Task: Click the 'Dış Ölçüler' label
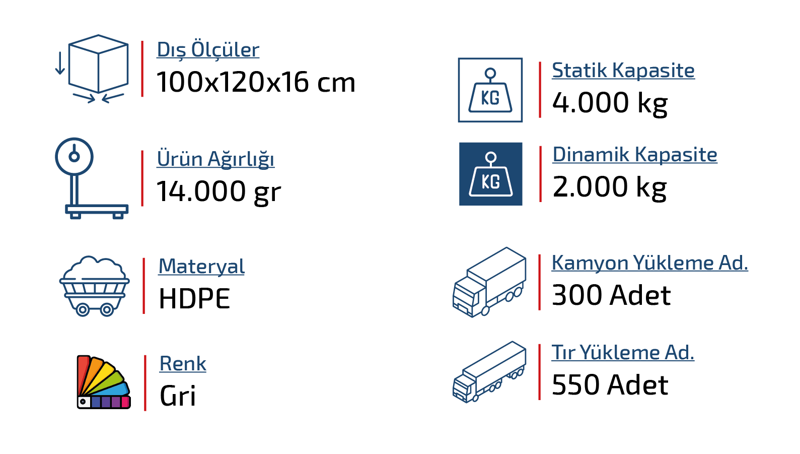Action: (x=208, y=50)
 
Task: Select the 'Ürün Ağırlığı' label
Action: (x=215, y=159)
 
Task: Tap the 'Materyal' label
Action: (x=201, y=266)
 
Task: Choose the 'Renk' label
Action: (x=183, y=364)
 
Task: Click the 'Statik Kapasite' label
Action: (x=623, y=71)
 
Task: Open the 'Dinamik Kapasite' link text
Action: (x=634, y=155)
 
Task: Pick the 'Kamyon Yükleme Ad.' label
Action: (x=649, y=263)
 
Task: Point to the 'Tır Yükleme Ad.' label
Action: (x=623, y=353)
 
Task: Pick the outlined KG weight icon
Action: (x=490, y=90)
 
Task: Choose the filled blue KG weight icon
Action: (x=490, y=174)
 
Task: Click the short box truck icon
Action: (x=489, y=282)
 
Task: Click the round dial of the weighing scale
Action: (x=74, y=156)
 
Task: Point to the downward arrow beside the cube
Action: (x=60, y=63)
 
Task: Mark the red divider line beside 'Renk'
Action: (x=146, y=382)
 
